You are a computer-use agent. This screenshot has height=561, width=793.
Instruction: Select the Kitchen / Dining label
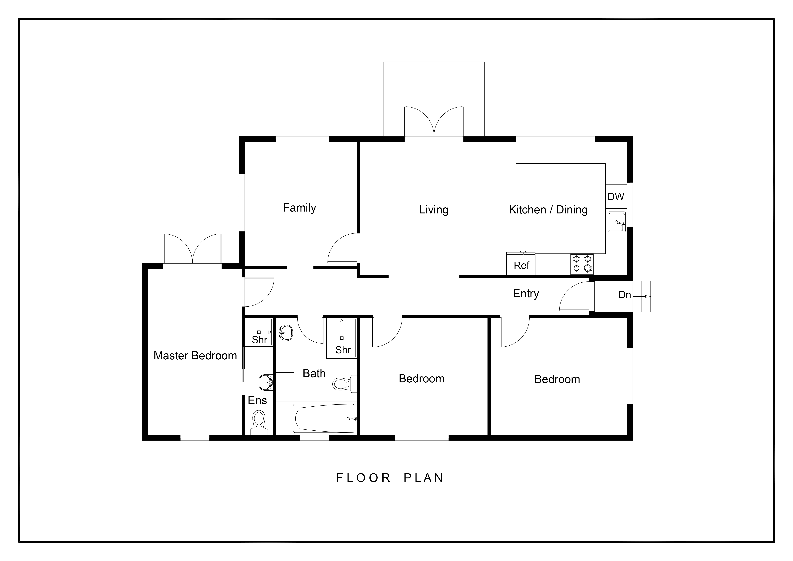548,210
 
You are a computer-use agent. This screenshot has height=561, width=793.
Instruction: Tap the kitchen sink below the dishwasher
617,222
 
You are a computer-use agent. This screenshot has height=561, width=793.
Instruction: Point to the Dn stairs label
624,295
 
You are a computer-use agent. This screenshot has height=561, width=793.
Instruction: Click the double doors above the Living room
434,122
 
